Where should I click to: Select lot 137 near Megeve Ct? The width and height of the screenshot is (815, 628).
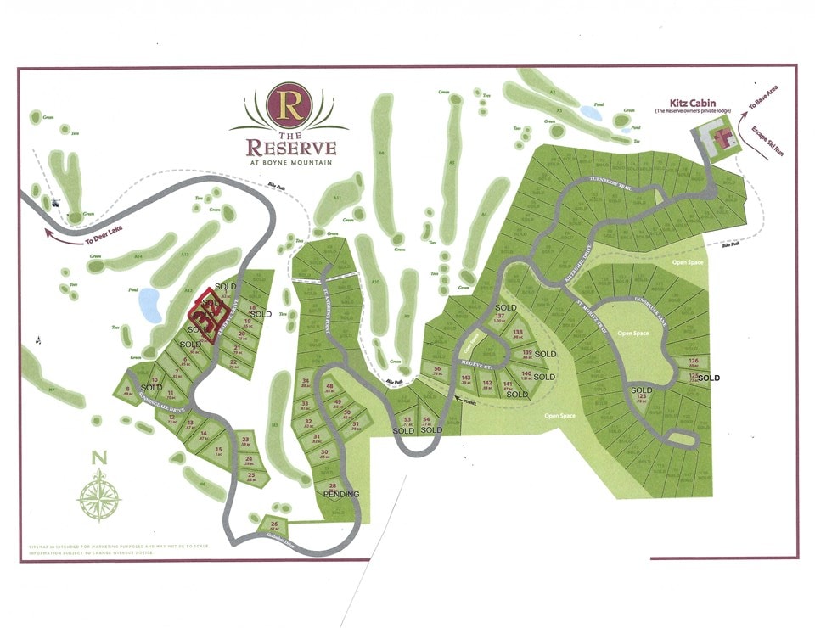(x=500, y=318)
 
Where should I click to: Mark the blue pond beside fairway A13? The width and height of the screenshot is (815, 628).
(x=149, y=305)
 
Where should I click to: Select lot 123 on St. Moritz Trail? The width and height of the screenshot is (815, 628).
(x=641, y=397)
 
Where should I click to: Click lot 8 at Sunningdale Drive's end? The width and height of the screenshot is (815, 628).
(x=127, y=392)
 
